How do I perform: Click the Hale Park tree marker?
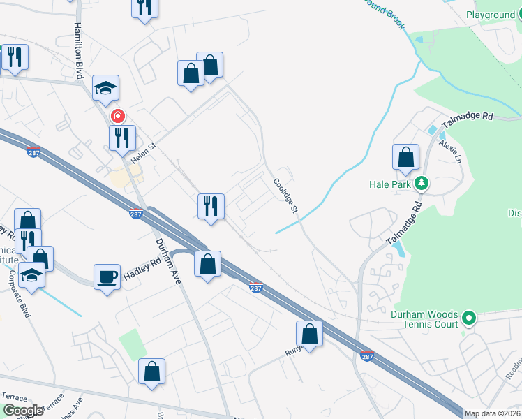click(x=421, y=184)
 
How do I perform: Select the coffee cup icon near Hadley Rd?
click(x=107, y=277)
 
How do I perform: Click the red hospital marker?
click(x=119, y=116)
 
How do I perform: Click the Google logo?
click(x=23, y=411)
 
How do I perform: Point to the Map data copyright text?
click(x=493, y=413)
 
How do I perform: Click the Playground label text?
click(x=490, y=15)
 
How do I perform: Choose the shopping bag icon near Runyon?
click(x=309, y=334)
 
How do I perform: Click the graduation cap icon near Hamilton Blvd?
click(x=105, y=88)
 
